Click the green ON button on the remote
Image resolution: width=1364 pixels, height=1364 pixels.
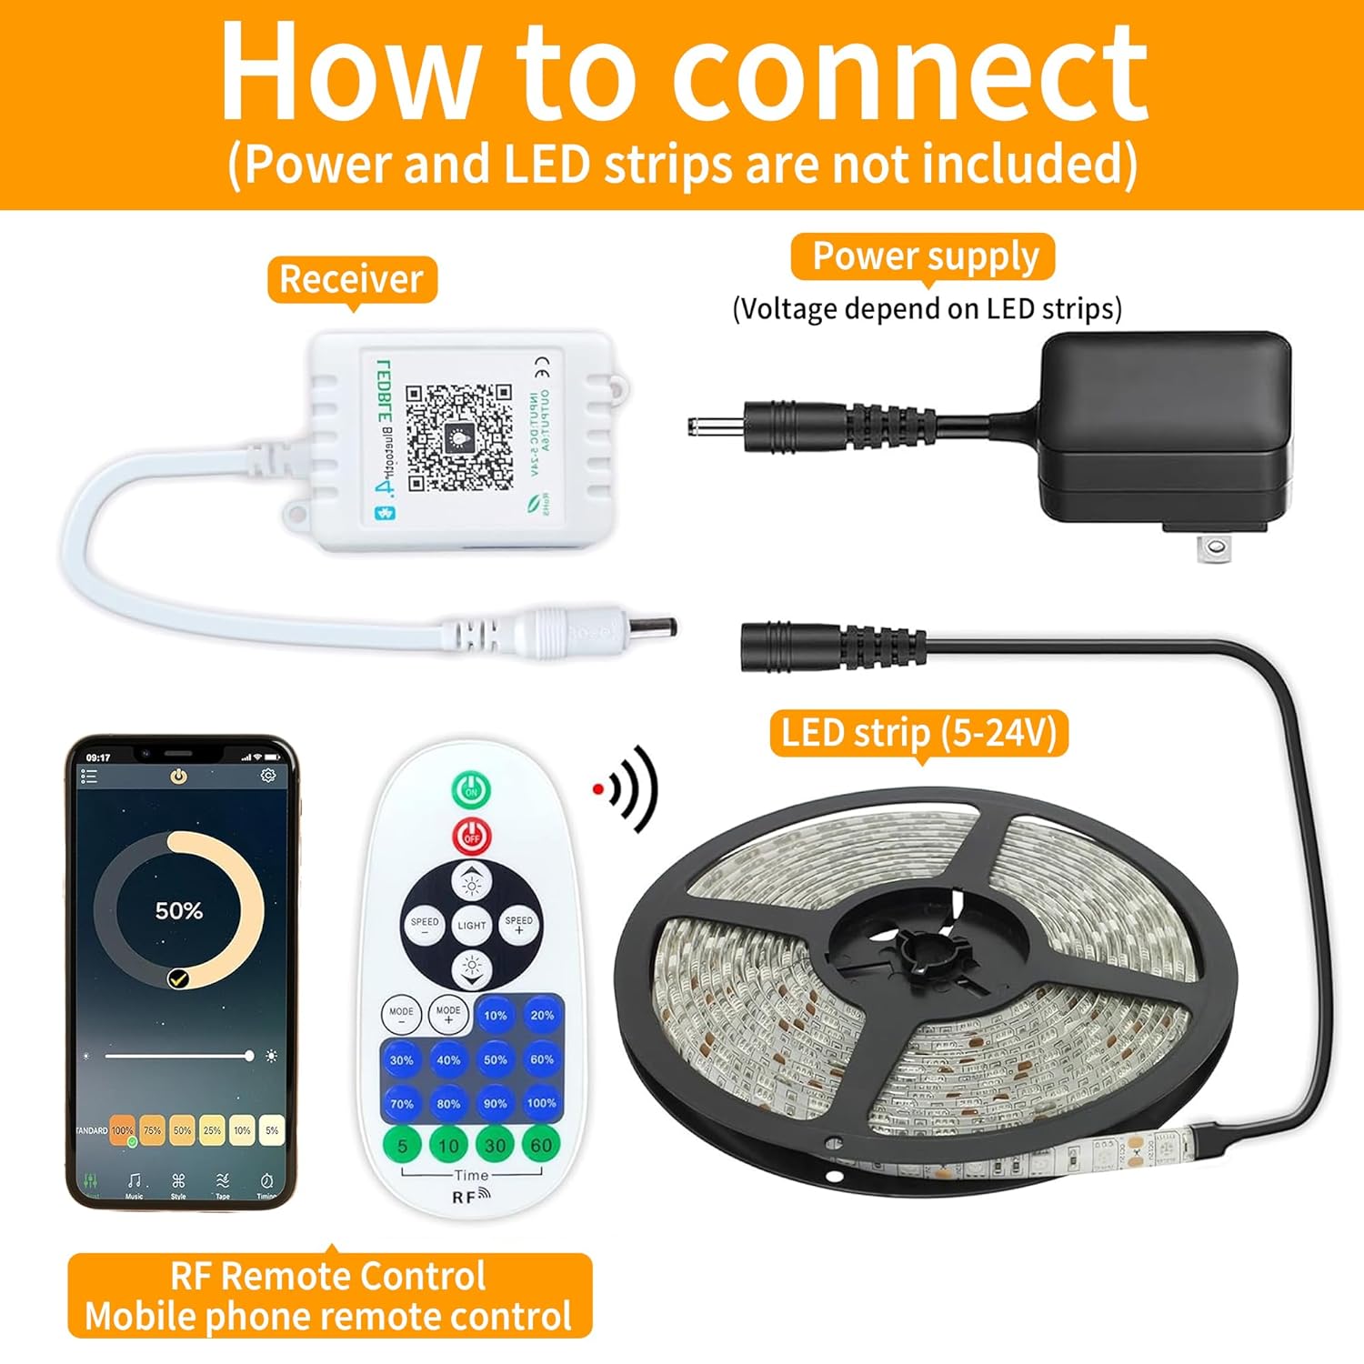click(471, 790)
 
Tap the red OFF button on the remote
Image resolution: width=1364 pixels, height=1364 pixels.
click(471, 836)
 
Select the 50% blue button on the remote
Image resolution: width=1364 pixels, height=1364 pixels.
click(495, 1059)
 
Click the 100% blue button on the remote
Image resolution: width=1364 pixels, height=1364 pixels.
click(541, 1103)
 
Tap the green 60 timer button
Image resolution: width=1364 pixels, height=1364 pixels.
click(541, 1145)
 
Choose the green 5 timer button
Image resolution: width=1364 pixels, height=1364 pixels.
click(402, 1145)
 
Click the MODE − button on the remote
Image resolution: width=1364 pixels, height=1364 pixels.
click(401, 1014)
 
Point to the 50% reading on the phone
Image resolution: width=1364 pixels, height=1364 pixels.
click(178, 910)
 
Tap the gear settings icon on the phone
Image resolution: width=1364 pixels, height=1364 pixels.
click(267, 776)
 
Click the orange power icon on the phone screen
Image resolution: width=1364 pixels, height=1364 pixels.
click(178, 776)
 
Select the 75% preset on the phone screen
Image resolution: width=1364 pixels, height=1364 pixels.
click(152, 1130)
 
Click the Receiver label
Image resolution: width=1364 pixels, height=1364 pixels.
click(352, 279)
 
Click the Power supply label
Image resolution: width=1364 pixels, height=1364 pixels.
click(924, 256)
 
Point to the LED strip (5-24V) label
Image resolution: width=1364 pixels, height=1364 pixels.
click(918, 733)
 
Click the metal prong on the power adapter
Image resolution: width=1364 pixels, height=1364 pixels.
click(1212, 547)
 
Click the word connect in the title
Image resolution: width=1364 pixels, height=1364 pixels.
click(909, 73)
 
